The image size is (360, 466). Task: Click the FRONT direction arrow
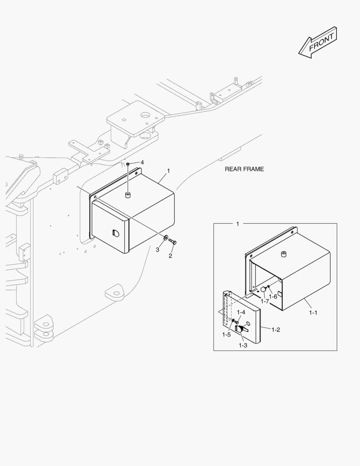click(317, 42)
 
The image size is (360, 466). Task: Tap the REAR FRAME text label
click(244, 169)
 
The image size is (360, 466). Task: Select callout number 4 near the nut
click(142, 162)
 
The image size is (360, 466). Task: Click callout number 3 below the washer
click(158, 249)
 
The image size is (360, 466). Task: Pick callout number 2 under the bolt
click(170, 256)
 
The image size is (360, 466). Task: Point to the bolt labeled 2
click(172, 242)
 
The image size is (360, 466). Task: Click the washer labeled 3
click(166, 238)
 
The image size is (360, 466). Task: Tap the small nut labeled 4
click(128, 164)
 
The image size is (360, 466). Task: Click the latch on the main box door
click(114, 233)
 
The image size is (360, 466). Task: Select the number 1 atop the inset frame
click(238, 224)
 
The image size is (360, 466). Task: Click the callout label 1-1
click(313, 312)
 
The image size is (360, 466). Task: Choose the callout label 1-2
click(276, 329)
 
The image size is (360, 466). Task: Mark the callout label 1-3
click(243, 345)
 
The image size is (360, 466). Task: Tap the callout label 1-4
click(241, 312)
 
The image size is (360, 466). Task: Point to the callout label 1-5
click(227, 334)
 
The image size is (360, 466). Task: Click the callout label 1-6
click(273, 296)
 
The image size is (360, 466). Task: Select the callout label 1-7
click(264, 301)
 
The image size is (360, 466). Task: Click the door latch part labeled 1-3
click(240, 329)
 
